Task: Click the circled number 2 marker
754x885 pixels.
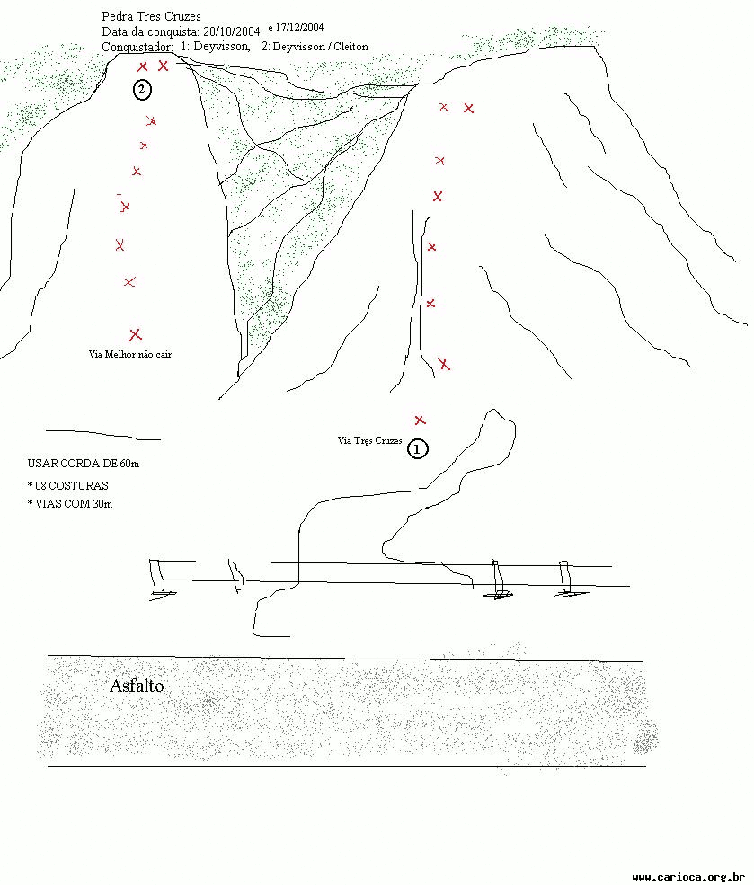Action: (x=142, y=89)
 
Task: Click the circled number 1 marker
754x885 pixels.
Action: (x=418, y=449)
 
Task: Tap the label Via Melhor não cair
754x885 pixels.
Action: (x=129, y=355)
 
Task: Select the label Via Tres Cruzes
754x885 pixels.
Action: (x=369, y=441)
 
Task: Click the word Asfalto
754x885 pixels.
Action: (x=137, y=686)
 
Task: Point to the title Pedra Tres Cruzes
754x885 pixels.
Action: (x=151, y=16)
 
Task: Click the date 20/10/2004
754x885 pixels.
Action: (x=231, y=31)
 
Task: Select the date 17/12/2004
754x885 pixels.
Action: (x=299, y=27)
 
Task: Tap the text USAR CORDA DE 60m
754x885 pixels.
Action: (x=84, y=464)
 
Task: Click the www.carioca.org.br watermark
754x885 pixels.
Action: (x=688, y=877)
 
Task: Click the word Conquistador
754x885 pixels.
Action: (x=137, y=47)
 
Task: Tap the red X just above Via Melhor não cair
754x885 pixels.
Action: (x=135, y=335)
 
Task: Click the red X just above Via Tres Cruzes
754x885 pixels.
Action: (x=420, y=420)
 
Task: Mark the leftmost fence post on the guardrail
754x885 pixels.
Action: (x=157, y=577)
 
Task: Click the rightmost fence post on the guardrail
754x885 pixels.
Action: (x=564, y=579)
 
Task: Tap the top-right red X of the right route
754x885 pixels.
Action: (x=468, y=108)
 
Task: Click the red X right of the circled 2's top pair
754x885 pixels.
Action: (x=163, y=66)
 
